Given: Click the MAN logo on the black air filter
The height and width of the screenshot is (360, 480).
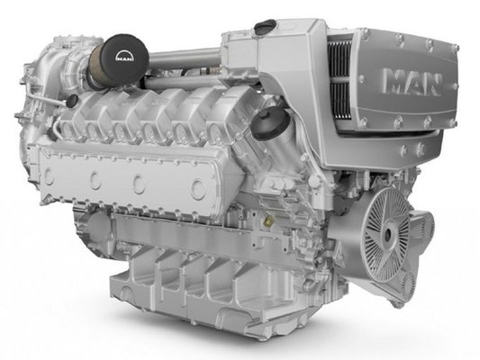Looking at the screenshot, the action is [x=125, y=57].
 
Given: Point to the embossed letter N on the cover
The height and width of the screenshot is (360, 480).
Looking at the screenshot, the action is [x=432, y=85].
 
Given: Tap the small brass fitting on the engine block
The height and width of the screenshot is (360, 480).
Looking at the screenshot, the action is [x=269, y=220].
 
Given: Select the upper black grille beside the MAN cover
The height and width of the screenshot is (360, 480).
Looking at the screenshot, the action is [x=339, y=58].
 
